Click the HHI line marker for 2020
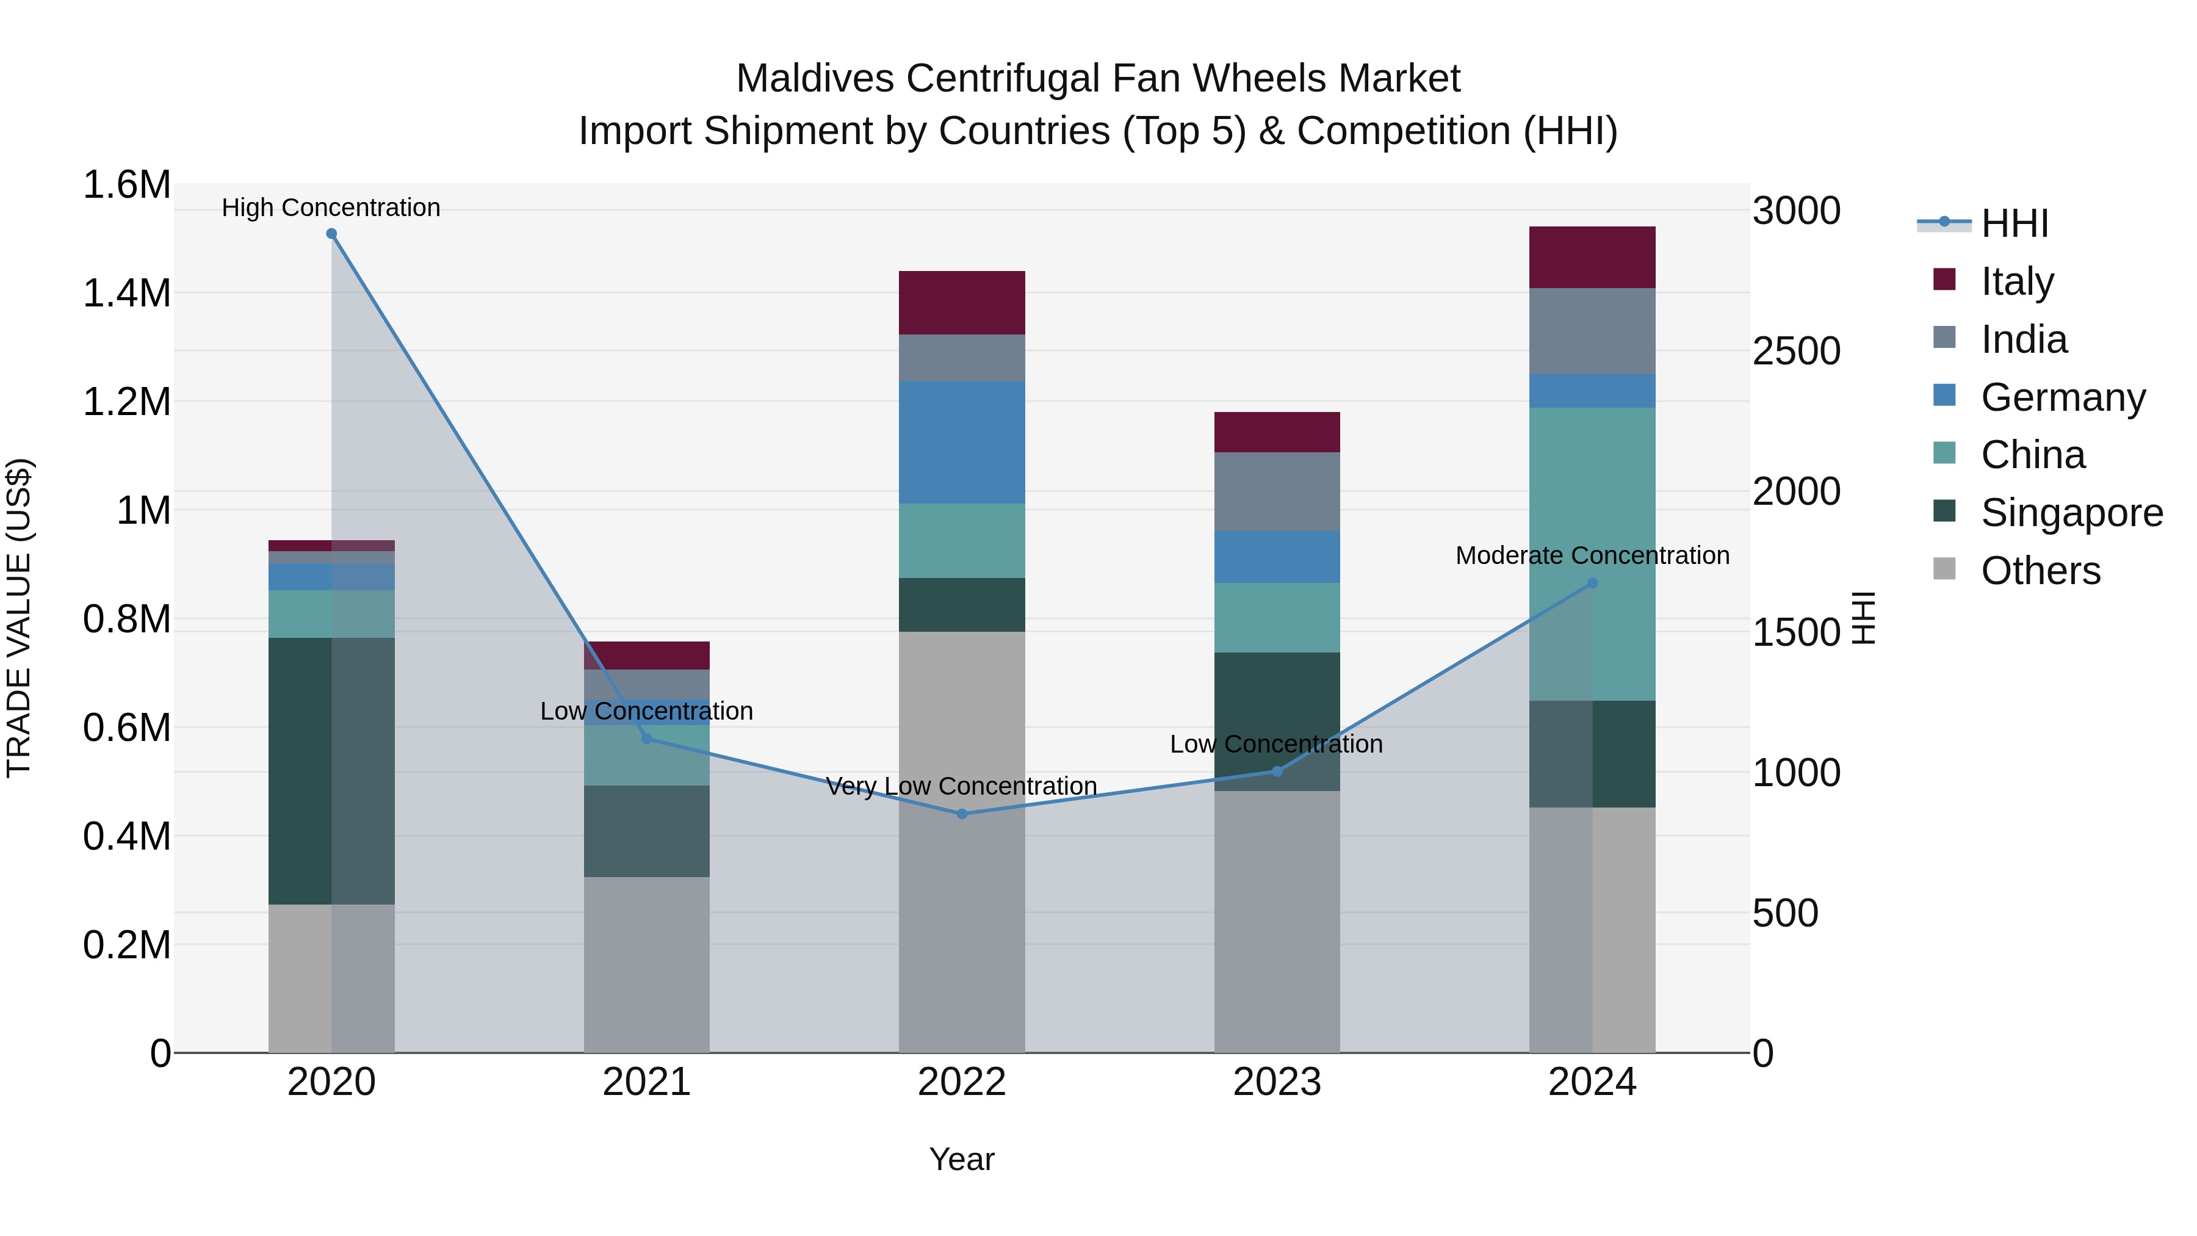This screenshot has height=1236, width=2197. pyautogui.click(x=332, y=234)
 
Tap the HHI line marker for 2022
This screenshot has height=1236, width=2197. pyautogui.click(x=962, y=814)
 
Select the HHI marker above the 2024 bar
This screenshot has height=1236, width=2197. pyautogui.click(x=1592, y=584)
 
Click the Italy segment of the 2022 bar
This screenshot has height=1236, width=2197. pyautogui.click(x=962, y=303)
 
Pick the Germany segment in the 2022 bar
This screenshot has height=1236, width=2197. pyautogui.click(x=962, y=442)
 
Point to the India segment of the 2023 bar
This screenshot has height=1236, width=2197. pyautogui.click(x=1277, y=491)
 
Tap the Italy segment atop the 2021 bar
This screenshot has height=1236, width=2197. pyautogui.click(x=646, y=655)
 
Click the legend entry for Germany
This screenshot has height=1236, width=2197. pyautogui.click(x=2062, y=397)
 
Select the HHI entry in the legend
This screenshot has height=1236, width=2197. pyautogui.click(x=2014, y=223)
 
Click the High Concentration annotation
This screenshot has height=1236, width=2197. pyautogui.click(x=331, y=208)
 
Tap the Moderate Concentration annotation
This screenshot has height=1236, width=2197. pyautogui.click(x=1592, y=555)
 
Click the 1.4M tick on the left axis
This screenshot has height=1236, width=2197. pyautogui.click(x=126, y=294)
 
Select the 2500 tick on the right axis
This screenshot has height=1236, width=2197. pyautogui.click(x=1796, y=352)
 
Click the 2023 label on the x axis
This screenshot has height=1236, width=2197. pyautogui.click(x=1277, y=1082)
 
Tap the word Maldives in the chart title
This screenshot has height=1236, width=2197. pyautogui.click(x=815, y=79)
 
